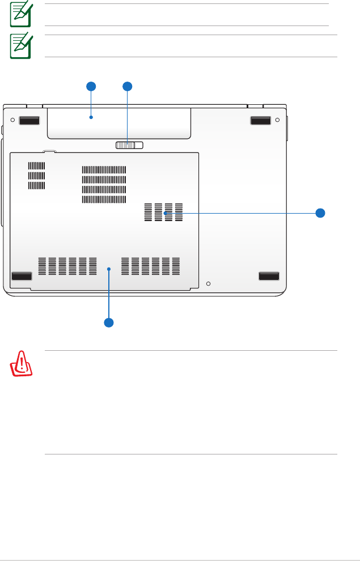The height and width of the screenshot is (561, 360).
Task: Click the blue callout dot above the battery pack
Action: (91, 86)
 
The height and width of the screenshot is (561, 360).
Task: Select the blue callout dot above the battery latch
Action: (128, 86)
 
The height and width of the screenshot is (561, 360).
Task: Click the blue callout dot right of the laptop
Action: (320, 213)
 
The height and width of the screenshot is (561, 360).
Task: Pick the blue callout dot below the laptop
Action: (108, 322)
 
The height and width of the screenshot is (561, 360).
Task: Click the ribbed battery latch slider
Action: (129, 146)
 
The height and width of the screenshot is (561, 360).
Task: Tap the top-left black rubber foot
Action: (29, 121)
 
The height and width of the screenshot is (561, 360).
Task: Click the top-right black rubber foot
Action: (261, 121)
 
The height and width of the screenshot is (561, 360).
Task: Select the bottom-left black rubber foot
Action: (22, 276)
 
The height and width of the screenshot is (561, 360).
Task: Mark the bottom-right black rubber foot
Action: (269, 276)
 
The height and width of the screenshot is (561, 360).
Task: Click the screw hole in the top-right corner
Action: (277, 120)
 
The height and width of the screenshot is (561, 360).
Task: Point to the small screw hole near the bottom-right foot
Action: (209, 283)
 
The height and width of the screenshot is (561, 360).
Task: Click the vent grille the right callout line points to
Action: (164, 212)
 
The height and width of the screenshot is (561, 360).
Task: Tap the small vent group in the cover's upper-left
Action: (36, 176)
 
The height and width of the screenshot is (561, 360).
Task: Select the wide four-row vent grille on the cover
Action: (104, 185)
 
